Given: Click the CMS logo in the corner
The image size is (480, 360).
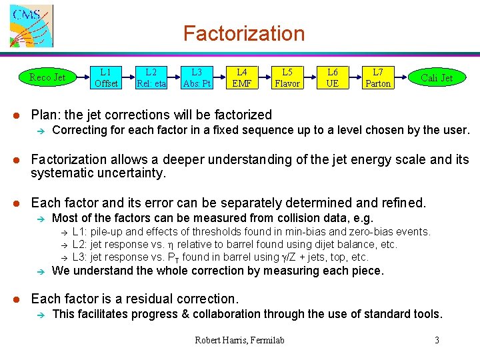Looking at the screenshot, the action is coord(31,26).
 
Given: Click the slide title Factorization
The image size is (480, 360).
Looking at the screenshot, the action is coord(243,33).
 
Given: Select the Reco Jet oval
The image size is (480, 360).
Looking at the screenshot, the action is coord(47,78).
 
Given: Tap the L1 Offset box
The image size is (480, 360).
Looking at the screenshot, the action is coord(106,78).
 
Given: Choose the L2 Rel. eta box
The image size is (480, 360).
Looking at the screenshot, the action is coord(151,78).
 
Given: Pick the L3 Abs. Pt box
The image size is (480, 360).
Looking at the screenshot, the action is coord(197,78).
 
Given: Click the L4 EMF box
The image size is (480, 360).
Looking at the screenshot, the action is coord(242,78).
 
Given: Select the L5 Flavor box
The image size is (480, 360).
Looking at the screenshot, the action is coord(287,78).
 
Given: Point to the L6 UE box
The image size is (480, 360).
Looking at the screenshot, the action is coord(332,78).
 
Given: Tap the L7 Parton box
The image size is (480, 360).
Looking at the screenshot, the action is coord(378,78).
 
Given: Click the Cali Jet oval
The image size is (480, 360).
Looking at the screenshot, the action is coord(437,78).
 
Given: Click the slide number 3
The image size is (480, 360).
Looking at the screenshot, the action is coord(437,341).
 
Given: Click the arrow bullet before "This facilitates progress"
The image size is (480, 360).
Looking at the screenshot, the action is coord(39,315).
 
